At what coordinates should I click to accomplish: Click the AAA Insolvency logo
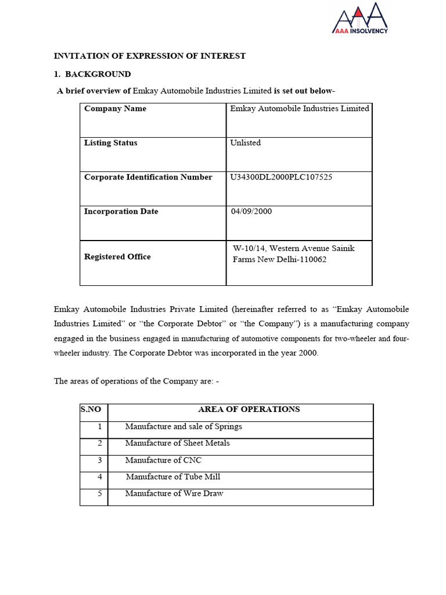[x=359, y=18]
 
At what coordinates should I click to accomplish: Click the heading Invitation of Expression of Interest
[x=150, y=56]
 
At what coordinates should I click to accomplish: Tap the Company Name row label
[x=115, y=109]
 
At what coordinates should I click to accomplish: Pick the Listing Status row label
[x=110, y=143]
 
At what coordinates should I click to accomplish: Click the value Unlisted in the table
[x=246, y=143]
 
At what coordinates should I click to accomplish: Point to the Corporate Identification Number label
[x=148, y=177]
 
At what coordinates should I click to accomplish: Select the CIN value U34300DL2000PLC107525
[x=281, y=177]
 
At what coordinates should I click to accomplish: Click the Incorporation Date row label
[x=121, y=212]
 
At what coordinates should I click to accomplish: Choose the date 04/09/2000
[x=251, y=212]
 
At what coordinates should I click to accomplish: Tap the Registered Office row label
[x=117, y=257]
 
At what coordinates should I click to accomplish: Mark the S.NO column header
[x=91, y=410]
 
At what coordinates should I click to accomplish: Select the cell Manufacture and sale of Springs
[x=184, y=426]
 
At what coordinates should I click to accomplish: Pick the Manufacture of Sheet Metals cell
[x=177, y=443]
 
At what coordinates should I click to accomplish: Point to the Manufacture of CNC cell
[x=163, y=460]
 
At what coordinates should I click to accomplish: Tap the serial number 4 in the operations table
[x=100, y=477]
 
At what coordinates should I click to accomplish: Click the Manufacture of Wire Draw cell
[x=174, y=494]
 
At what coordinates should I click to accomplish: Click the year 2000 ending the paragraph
[x=308, y=354]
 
